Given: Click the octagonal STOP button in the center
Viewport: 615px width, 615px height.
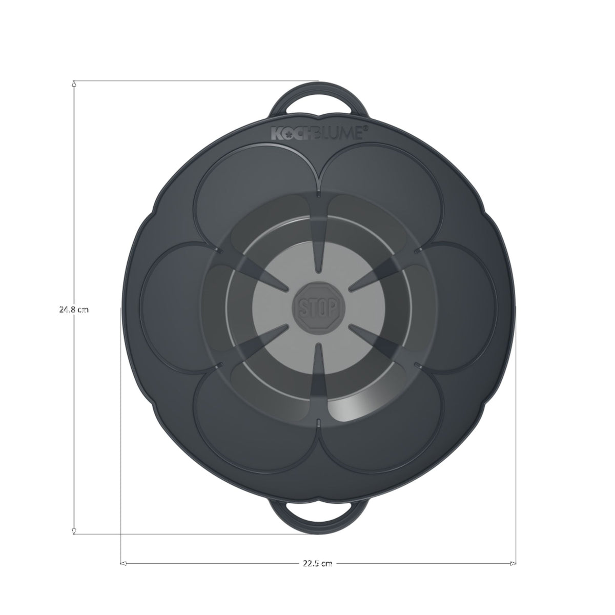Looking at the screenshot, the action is click(318, 307).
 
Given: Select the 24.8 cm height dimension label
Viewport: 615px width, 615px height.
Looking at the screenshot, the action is click(74, 309).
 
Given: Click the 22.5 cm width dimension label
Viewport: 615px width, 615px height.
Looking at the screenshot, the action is click(318, 563).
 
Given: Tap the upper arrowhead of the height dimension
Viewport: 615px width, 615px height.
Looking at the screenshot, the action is click(74, 84).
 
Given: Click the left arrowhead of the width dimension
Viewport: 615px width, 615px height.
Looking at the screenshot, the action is click(124, 563).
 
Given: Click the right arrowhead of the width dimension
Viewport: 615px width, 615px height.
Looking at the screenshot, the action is click(512, 563).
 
